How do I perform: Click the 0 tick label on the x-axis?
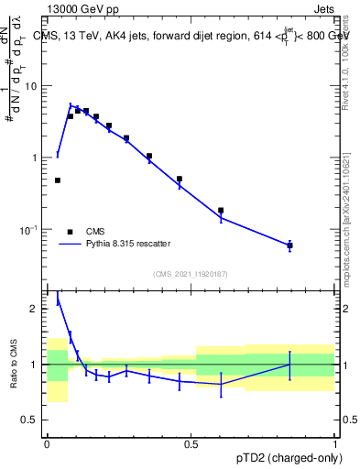coord(47,444)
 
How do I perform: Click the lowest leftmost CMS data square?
coord(58,180)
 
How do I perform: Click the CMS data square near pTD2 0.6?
coord(221,210)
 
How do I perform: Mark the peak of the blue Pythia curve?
coord(71,104)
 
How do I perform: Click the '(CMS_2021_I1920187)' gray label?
coord(190,273)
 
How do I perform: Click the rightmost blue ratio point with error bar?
coord(289,365)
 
